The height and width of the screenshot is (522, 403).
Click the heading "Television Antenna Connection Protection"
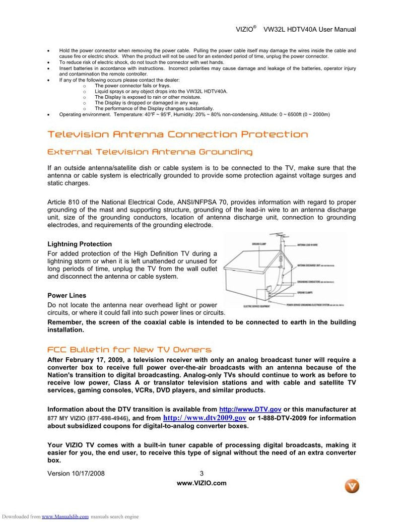[x=177, y=135]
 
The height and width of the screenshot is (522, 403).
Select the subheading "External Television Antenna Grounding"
[x=150, y=152]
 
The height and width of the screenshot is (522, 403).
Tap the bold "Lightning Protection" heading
[x=80, y=244]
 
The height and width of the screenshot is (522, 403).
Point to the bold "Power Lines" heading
[x=66, y=296]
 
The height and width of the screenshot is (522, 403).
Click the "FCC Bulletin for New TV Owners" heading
[x=129, y=350]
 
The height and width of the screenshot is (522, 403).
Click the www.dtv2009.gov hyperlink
[x=205, y=418]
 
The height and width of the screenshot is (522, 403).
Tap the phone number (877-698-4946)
[x=108, y=418]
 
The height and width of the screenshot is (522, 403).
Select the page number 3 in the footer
[x=202, y=474]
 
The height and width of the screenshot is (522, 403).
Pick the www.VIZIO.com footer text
[x=201, y=483]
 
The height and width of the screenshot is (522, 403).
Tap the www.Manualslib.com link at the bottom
[x=65, y=516]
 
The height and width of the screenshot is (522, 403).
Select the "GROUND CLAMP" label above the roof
[x=259, y=244]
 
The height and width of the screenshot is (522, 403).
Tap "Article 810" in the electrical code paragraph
[x=62, y=203]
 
